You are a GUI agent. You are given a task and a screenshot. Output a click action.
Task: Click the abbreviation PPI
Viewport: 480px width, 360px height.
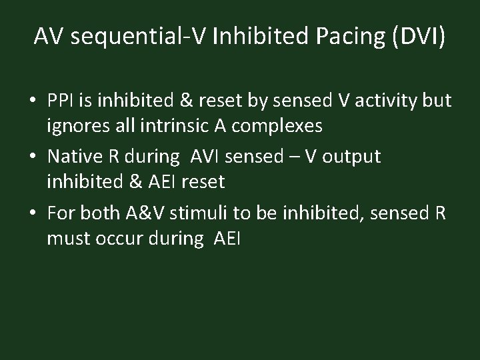(62, 101)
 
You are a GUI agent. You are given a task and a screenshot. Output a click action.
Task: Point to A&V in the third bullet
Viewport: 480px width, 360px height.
(144, 213)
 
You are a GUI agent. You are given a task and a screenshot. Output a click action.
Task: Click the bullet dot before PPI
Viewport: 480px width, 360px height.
(33, 102)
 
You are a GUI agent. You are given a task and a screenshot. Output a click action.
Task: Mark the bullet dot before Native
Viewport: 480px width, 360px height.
(33, 158)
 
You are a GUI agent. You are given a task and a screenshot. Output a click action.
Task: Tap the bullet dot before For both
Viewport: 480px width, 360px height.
(33, 214)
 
